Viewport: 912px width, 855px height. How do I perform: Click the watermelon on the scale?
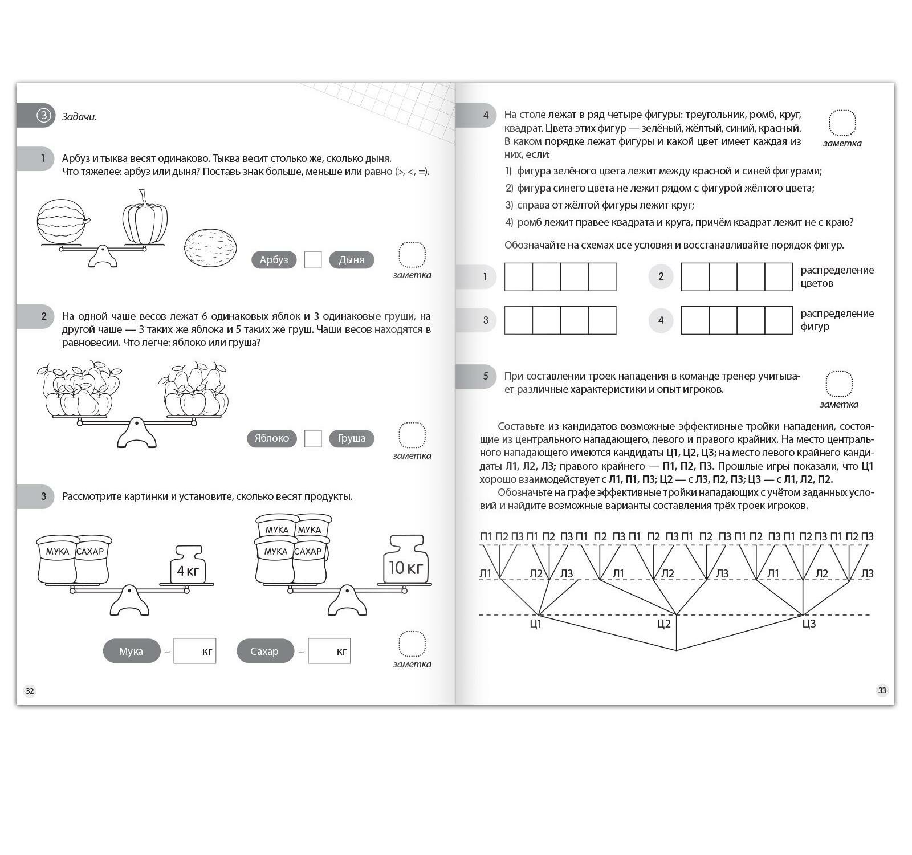pos(62,222)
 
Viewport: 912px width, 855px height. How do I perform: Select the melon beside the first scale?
pos(210,248)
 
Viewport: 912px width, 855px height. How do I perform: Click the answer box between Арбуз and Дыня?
pos(313,260)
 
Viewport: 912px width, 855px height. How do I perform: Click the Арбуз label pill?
pos(274,260)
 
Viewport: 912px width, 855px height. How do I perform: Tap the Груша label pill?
pos(351,438)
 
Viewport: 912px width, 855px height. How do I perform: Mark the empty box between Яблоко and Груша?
pos(313,438)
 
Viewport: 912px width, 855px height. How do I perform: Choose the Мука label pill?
pos(131,651)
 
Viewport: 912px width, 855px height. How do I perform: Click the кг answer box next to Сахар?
pos(329,651)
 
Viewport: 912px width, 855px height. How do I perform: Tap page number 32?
pos(30,691)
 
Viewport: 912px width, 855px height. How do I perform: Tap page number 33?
pos(882,690)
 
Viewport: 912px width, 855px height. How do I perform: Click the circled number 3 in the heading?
pos(44,116)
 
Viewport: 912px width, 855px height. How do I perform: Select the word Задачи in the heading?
pos(79,117)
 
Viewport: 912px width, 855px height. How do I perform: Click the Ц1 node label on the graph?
pos(536,624)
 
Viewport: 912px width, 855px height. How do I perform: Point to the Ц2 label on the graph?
pos(664,624)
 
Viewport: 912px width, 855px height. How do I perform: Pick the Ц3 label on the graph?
pos(809,624)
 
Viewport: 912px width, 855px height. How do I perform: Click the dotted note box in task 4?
pos(842,123)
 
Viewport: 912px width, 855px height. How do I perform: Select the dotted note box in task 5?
pos(839,384)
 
